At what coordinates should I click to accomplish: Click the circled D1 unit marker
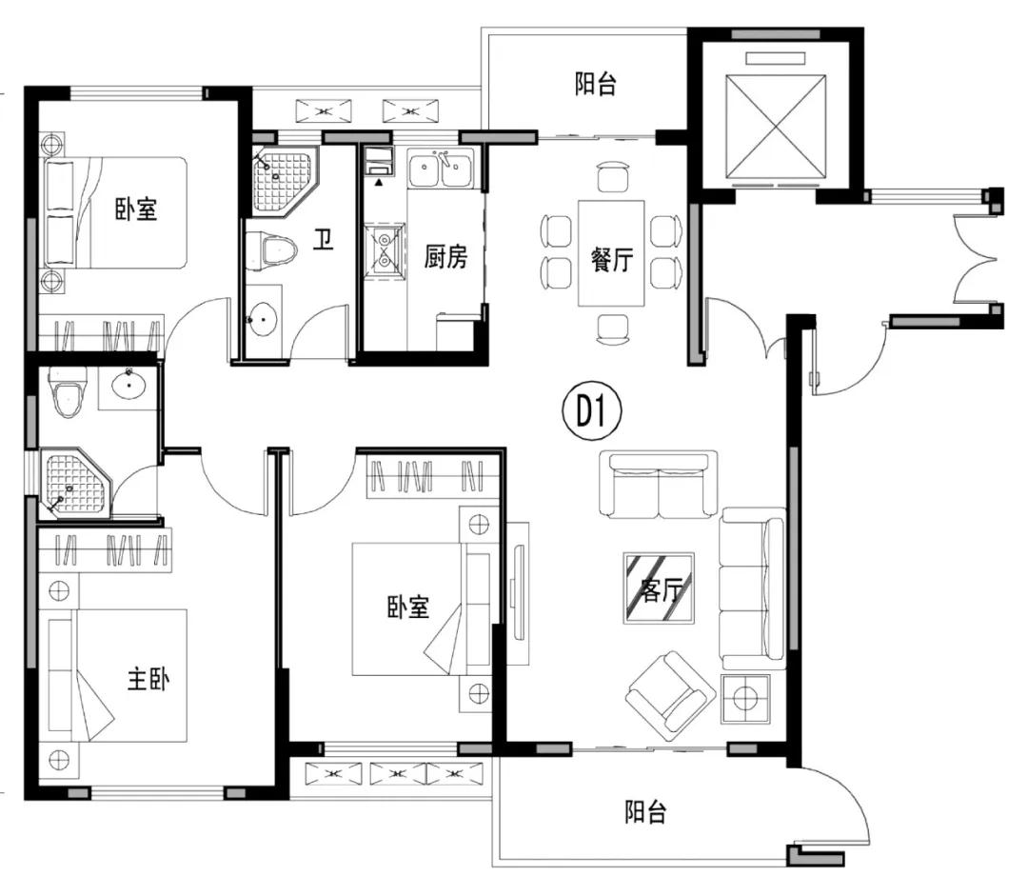(x=592, y=412)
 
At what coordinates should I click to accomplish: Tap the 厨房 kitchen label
(x=445, y=256)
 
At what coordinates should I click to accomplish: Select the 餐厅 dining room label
(x=612, y=259)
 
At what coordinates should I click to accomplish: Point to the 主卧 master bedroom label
(x=148, y=678)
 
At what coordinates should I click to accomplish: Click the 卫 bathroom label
(x=323, y=239)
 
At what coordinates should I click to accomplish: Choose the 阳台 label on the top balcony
(x=595, y=84)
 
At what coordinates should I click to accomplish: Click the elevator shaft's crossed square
(x=776, y=127)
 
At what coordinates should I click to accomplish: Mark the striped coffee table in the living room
(x=659, y=588)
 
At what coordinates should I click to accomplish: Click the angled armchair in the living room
(x=670, y=693)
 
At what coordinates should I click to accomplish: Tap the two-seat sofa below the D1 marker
(x=659, y=484)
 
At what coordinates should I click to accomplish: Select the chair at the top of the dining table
(x=613, y=176)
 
